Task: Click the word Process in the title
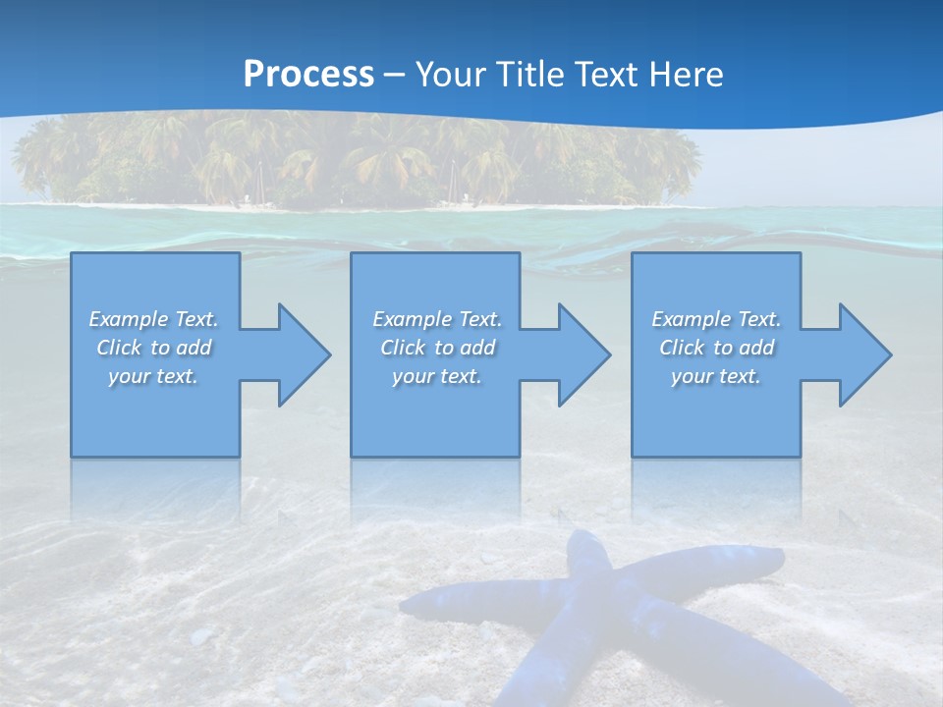tap(308, 75)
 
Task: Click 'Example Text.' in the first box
tap(153, 319)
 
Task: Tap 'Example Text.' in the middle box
tap(437, 319)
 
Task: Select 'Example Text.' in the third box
tap(716, 319)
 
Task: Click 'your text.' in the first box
tap(153, 376)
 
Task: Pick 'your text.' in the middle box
tap(437, 376)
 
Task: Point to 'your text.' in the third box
tap(716, 376)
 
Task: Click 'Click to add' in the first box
tap(153, 348)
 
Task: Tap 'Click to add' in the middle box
tap(437, 348)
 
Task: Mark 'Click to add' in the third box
tap(716, 348)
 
